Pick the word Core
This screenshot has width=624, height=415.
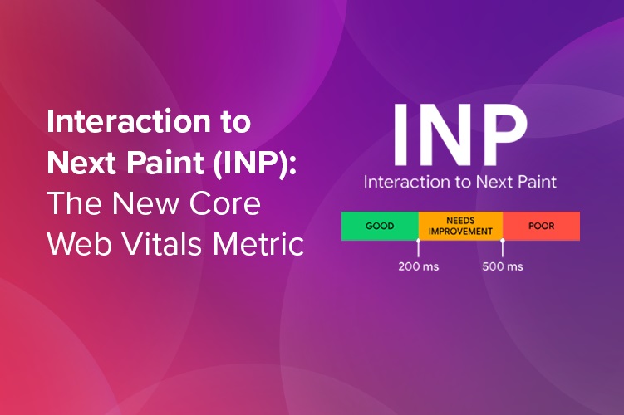[x=225, y=203]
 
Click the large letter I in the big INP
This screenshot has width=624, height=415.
[x=400, y=135]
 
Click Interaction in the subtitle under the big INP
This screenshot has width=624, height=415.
[x=404, y=181]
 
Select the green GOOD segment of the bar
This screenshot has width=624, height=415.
[x=380, y=226]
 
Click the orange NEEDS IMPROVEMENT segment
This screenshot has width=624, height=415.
[x=459, y=226]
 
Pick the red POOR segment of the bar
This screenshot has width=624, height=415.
[x=541, y=226]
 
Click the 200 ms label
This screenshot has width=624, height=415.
[x=419, y=266]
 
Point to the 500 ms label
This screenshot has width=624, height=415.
[x=503, y=266]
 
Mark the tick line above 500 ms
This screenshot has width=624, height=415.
[x=503, y=247]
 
